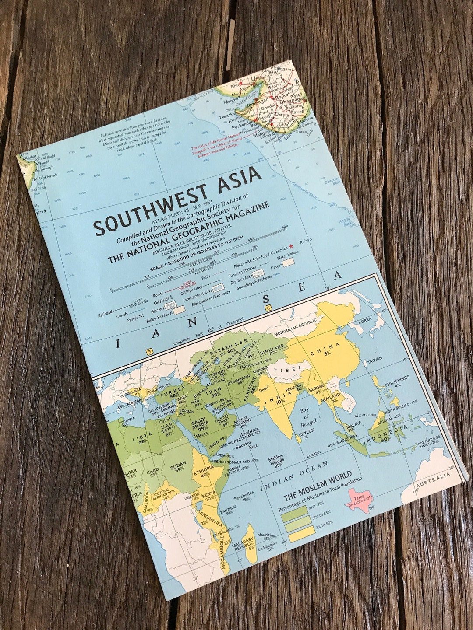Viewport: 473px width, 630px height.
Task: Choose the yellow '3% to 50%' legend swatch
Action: click(x=301, y=532)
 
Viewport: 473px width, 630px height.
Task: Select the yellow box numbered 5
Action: click(x=150, y=351)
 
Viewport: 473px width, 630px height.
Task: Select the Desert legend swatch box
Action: click(x=288, y=263)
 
